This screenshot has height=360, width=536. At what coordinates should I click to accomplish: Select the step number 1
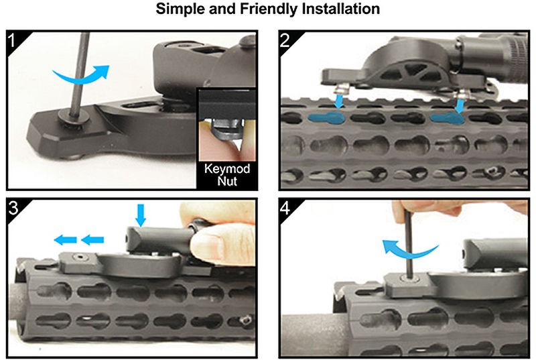13,40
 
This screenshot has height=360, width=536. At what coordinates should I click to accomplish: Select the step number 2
285,40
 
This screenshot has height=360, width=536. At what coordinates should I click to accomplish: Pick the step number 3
13,208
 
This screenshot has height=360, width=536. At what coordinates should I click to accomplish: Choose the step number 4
285,208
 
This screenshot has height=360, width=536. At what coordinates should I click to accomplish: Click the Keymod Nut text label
227,174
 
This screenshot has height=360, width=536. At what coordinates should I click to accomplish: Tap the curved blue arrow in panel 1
82,78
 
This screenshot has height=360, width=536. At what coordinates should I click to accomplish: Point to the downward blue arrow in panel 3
141,215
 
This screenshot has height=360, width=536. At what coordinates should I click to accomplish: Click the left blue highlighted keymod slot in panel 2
326,117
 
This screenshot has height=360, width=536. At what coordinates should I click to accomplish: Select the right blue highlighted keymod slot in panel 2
447,118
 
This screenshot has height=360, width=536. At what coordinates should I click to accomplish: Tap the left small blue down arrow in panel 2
339,101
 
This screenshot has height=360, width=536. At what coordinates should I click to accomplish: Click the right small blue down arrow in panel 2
460,105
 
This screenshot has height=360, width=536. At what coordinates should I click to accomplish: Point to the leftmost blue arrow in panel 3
65,240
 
